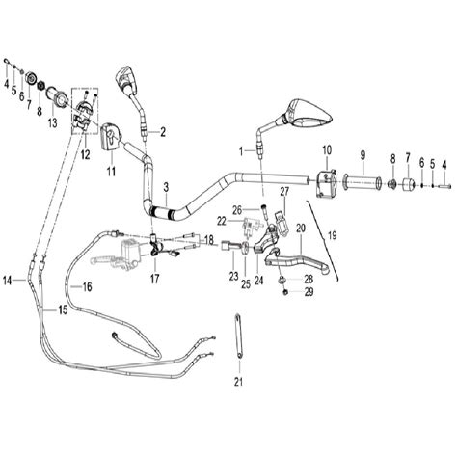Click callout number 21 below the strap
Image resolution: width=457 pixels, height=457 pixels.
[x=238, y=382]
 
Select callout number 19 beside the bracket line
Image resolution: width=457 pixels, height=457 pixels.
[x=333, y=235]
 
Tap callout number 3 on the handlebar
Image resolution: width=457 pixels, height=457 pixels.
[x=166, y=187]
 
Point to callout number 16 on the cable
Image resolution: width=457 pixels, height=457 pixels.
[x=87, y=286]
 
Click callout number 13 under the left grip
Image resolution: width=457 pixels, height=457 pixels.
[x=52, y=122]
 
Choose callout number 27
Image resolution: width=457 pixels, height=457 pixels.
[x=284, y=191]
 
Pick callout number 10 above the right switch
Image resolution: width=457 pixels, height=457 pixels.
[x=327, y=150]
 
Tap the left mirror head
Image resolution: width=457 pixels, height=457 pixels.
[x=127, y=79]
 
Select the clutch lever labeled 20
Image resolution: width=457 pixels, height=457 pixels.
[x=296, y=261]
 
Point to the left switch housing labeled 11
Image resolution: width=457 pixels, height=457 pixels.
[x=111, y=138]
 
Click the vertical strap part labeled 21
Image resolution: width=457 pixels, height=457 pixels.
[x=239, y=336]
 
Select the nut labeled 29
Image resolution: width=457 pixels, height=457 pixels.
[x=284, y=292]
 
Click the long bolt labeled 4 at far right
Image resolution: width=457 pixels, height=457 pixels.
[x=444, y=185]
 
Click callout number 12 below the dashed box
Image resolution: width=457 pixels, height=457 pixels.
[x=85, y=155]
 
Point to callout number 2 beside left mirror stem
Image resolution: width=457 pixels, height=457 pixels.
[x=163, y=132]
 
